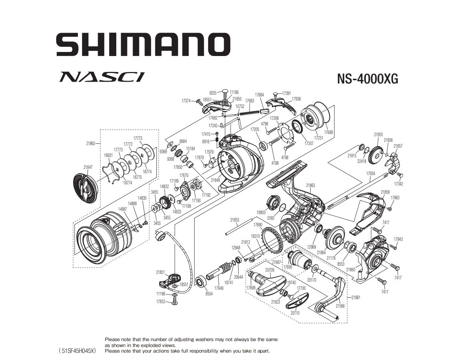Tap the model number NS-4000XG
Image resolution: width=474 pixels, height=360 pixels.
click(367, 79)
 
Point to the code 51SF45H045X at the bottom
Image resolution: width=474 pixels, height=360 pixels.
click(77, 351)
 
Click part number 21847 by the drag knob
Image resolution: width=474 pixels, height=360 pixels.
click(88, 167)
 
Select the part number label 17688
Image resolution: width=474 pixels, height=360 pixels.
click(328, 132)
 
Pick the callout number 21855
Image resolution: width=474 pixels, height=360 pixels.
click(378, 135)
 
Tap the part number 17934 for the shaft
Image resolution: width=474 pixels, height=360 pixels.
click(370, 173)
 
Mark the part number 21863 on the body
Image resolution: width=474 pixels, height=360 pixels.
click(311, 185)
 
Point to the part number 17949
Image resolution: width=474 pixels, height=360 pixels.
click(219, 288)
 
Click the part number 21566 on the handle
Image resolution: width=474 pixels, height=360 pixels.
click(340, 306)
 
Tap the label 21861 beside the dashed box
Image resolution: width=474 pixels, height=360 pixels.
click(355, 297)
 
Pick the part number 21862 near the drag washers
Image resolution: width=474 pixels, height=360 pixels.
click(91, 143)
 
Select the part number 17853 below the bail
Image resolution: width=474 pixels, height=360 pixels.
click(160, 302)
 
